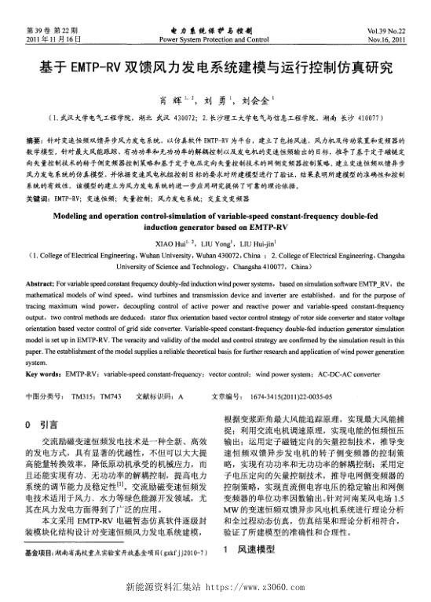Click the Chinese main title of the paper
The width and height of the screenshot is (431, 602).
[x=215, y=67]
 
